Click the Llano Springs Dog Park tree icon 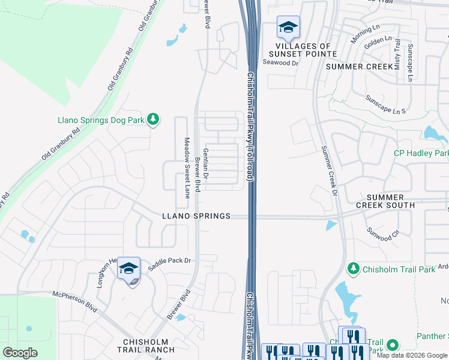pyautogui.click(x=154, y=119)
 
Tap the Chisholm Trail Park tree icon pyautogui.click(x=354, y=268)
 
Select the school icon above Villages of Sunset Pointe pyautogui.click(x=288, y=28)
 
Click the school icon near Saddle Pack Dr pyautogui.click(x=128, y=269)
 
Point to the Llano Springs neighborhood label pyautogui.click(x=196, y=216)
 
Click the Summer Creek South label pyautogui.click(x=390, y=201)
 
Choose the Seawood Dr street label pyautogui.click(x=280, y=61)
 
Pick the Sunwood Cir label pyautogui.click(x=383, y=234)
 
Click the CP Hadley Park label pyautogui.click(x=421, y=153)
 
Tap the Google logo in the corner pyautogui.click(x=20, y=353)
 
